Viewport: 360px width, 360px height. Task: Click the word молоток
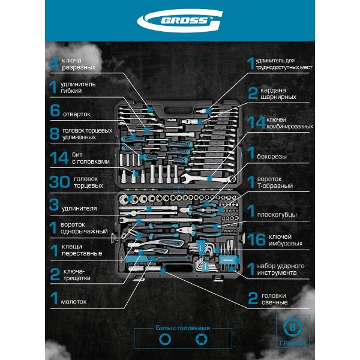coord(74,301)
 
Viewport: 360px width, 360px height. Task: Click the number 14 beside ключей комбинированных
coord(256,122)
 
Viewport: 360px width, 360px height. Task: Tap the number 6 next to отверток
coord(55,111)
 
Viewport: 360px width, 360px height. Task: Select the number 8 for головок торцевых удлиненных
coord(55,133)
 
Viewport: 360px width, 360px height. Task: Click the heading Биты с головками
coord(180,328)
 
